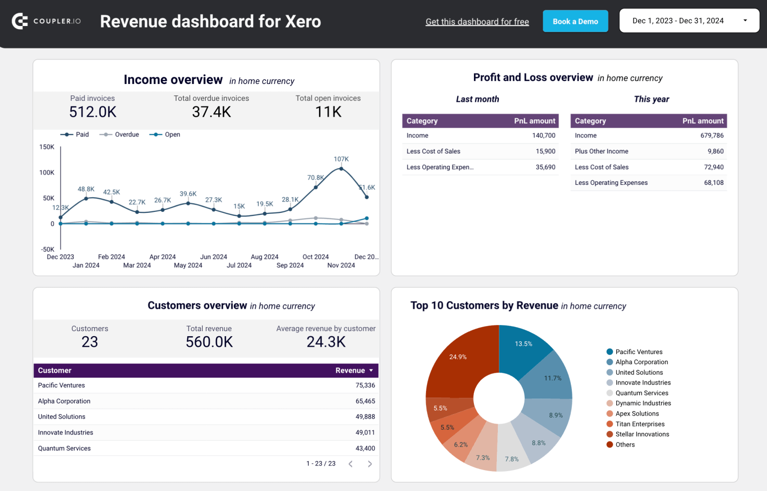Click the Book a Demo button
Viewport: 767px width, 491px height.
coord(575,21)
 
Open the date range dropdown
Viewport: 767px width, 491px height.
coord(689,21)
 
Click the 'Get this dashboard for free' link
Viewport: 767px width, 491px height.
coord(477,22)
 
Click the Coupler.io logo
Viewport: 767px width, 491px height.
coord(46,21)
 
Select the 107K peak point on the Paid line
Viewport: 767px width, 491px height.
coord(342,169)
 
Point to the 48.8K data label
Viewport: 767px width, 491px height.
coord(86,189)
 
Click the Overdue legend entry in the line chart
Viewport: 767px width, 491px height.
coord(120,135)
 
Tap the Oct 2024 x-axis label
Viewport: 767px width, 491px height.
coord(316,257)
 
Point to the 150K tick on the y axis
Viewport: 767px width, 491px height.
coord(47,147)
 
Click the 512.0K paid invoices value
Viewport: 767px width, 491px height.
coord(93,112)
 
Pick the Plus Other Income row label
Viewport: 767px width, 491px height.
coord(601,151)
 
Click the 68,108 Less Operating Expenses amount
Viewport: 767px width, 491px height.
coord(714,183)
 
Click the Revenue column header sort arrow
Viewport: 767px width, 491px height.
coord(371,371)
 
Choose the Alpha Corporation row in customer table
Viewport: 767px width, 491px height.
coord(64,401)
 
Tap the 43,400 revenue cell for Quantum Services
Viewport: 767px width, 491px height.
coord(365,449)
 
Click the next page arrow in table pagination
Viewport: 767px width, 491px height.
coord(370,464)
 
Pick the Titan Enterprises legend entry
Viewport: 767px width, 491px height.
coord(640,424)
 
